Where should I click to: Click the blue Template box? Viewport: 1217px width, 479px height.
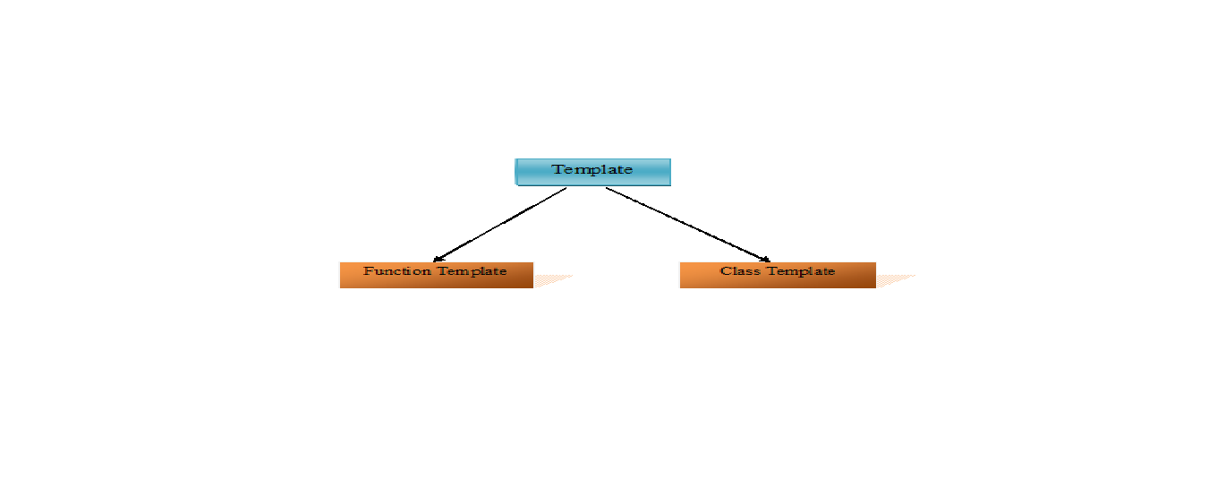(592, 172)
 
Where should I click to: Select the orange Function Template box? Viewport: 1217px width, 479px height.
(437, 275)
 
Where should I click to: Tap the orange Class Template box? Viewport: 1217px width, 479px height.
(778, 275)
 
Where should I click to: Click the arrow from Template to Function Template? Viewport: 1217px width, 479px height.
(500, 225)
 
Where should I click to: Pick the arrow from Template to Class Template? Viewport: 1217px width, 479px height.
(688, 225)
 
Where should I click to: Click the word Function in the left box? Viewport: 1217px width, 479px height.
(397, 270)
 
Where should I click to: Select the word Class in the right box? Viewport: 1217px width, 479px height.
(739, 270)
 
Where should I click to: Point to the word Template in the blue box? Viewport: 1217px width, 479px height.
(592, 169)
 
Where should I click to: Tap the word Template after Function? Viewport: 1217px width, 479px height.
(472, 271)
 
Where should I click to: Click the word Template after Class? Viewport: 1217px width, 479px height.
(800, 271)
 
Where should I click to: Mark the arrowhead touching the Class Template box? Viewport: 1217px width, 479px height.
(765, 260)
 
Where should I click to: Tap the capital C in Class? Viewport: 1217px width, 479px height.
(726, 270)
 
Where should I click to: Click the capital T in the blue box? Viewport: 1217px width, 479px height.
(557, 169)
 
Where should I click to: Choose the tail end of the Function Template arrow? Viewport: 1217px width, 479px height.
(566, 188)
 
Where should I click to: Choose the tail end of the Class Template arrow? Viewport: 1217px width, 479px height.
(606, 188)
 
